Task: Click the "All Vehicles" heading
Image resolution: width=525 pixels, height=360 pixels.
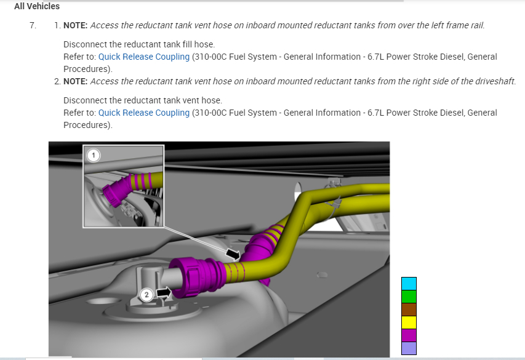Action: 37,6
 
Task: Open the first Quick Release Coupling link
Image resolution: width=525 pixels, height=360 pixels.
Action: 144,57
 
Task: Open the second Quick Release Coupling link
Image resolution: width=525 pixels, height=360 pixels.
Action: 144,113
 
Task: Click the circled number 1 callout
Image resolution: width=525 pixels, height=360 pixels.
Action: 94,156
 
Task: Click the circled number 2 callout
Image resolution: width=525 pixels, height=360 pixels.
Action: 146,295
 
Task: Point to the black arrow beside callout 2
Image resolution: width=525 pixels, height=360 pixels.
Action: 164,292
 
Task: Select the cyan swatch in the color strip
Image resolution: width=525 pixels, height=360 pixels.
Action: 409,284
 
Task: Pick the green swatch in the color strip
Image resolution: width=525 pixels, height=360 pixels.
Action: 409,297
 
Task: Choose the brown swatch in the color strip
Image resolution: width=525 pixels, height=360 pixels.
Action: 409,310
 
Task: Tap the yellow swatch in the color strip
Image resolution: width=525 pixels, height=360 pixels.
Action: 409,322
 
